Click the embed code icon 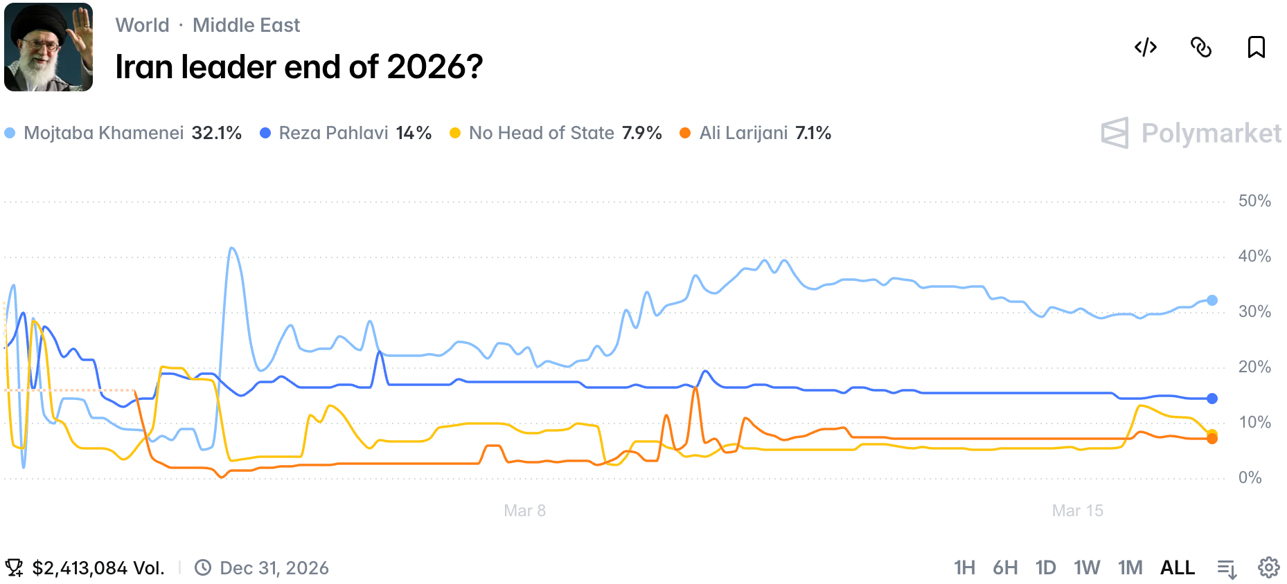click(1146, 47)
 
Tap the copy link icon click(1201, 47)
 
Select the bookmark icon click(1256, 47)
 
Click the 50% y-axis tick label click(1254, 201)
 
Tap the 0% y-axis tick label click(1250, 477)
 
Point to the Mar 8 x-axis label click(524, 511)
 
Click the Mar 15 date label click(1077, 511)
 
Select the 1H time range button click(964, 568)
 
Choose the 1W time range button click(1087, 568)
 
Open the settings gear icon click(1268, 568)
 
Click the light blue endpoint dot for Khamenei click(1211, 300)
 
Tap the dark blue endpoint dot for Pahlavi click(1211, 399)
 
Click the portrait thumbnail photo click(48, 47)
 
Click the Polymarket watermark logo click(1191, 133)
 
